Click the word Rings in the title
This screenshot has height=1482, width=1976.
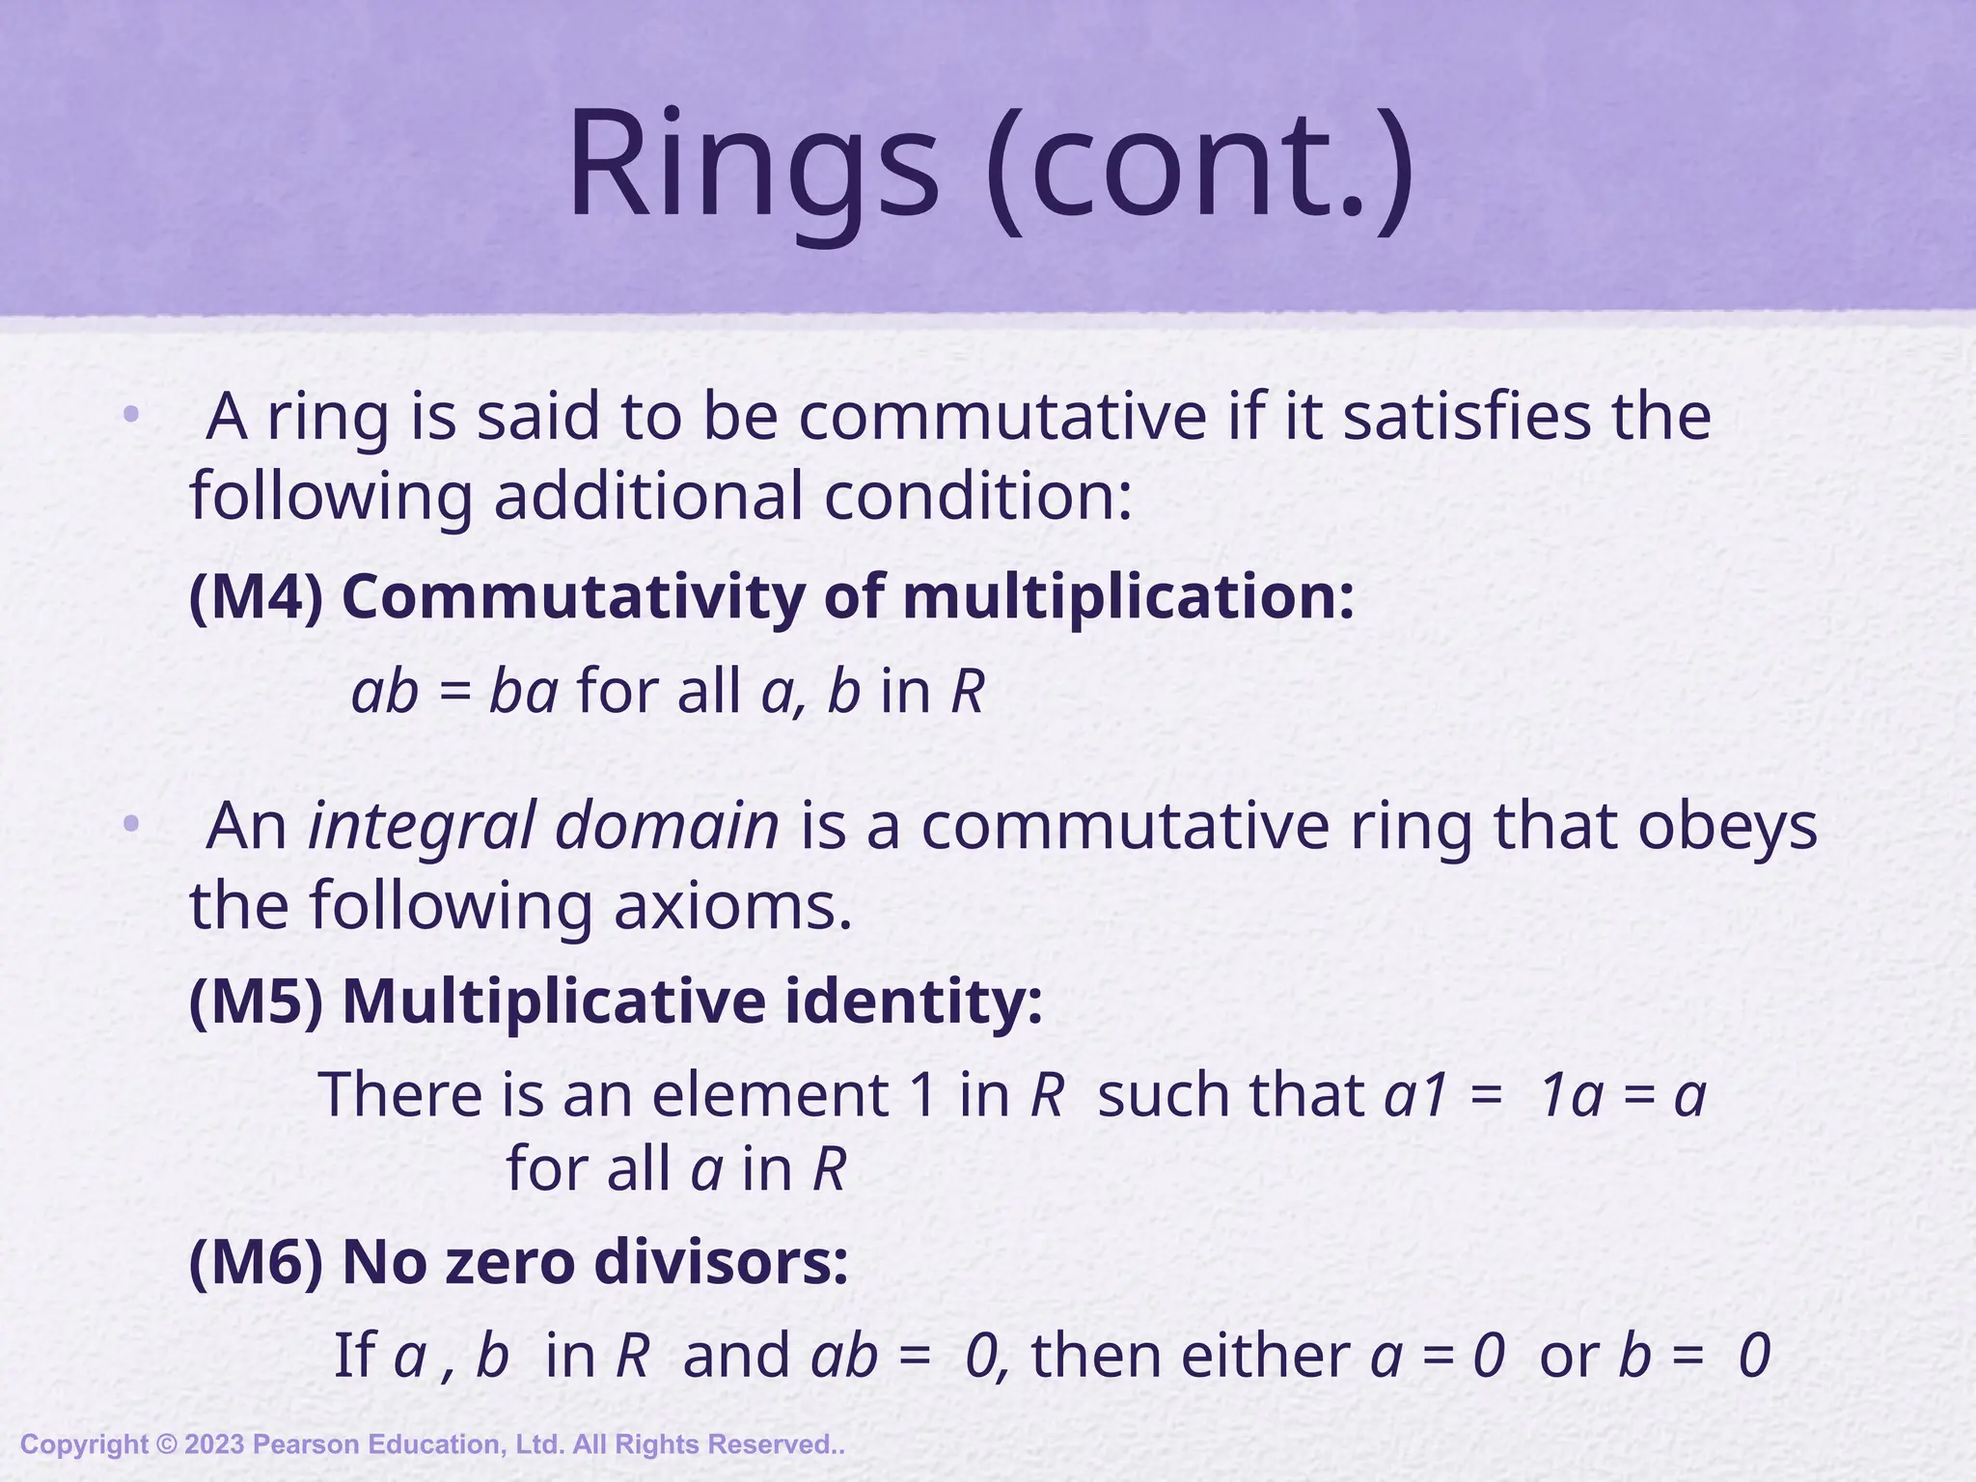753,164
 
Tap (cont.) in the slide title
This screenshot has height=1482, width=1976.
1201,164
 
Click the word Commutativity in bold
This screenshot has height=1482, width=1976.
573,596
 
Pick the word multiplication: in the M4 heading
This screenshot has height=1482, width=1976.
1128,596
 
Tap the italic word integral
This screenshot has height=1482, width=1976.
421,828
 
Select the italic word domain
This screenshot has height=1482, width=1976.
667,826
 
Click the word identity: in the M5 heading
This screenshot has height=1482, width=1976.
913,1002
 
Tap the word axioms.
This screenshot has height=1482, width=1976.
733,907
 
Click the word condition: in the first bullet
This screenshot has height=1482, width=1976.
977,496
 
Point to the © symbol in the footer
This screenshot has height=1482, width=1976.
167,1444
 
